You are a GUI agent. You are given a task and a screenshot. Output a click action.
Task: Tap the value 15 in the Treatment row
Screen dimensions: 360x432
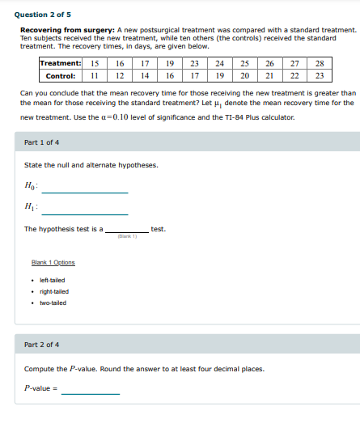click(x=95, y=63)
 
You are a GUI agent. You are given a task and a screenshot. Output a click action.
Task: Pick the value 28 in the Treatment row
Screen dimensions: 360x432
click(x=320, y=63)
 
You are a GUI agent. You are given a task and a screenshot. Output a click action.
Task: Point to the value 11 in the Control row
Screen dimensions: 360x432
click(x=95, y=76)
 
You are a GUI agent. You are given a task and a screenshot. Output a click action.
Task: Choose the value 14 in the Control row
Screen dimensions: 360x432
click(x=145, y=76)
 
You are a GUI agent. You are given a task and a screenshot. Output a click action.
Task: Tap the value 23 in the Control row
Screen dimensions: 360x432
click(x=320, y=76)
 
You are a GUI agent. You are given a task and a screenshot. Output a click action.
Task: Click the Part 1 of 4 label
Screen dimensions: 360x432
click(x=41, y=142)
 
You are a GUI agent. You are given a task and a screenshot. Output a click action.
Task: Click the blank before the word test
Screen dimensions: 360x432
click(x=125, y=229)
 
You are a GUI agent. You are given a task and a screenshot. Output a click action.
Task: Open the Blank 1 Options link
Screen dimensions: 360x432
click(x=53, y=262)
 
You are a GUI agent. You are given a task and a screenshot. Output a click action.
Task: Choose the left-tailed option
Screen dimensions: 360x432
click(x=54, y=280)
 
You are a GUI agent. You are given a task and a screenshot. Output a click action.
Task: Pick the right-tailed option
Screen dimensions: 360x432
click(x=55, y=291)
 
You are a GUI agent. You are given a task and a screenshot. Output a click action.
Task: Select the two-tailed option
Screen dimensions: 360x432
click(x=54, y=303)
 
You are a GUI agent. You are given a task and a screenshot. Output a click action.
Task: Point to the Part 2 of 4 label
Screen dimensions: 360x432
click(x=41, y=344)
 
